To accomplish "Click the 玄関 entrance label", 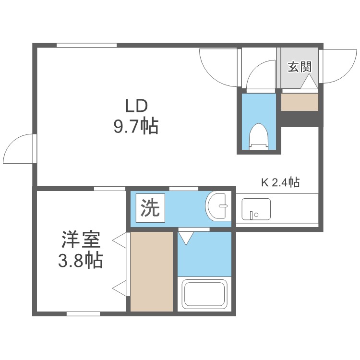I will (x=300, y=67).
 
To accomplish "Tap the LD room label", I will (x=136, y=105).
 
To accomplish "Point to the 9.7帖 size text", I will (x=135, y=127).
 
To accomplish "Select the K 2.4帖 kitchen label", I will (x=280, y=182).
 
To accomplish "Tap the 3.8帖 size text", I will (x=80, y=261).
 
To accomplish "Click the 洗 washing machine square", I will (x=150, y=208).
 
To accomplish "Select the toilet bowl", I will (x=259, y=135).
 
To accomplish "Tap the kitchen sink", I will (x=256, y=209).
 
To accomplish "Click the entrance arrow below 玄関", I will (x=309, y=83).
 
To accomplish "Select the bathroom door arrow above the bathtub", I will (x=186, y=237).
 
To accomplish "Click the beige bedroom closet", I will (x=151, y=271).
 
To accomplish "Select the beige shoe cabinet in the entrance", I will (x=300, y=102).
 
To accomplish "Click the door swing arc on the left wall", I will (x=19, y=149).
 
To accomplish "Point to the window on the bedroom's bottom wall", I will (x=83, y=314).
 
